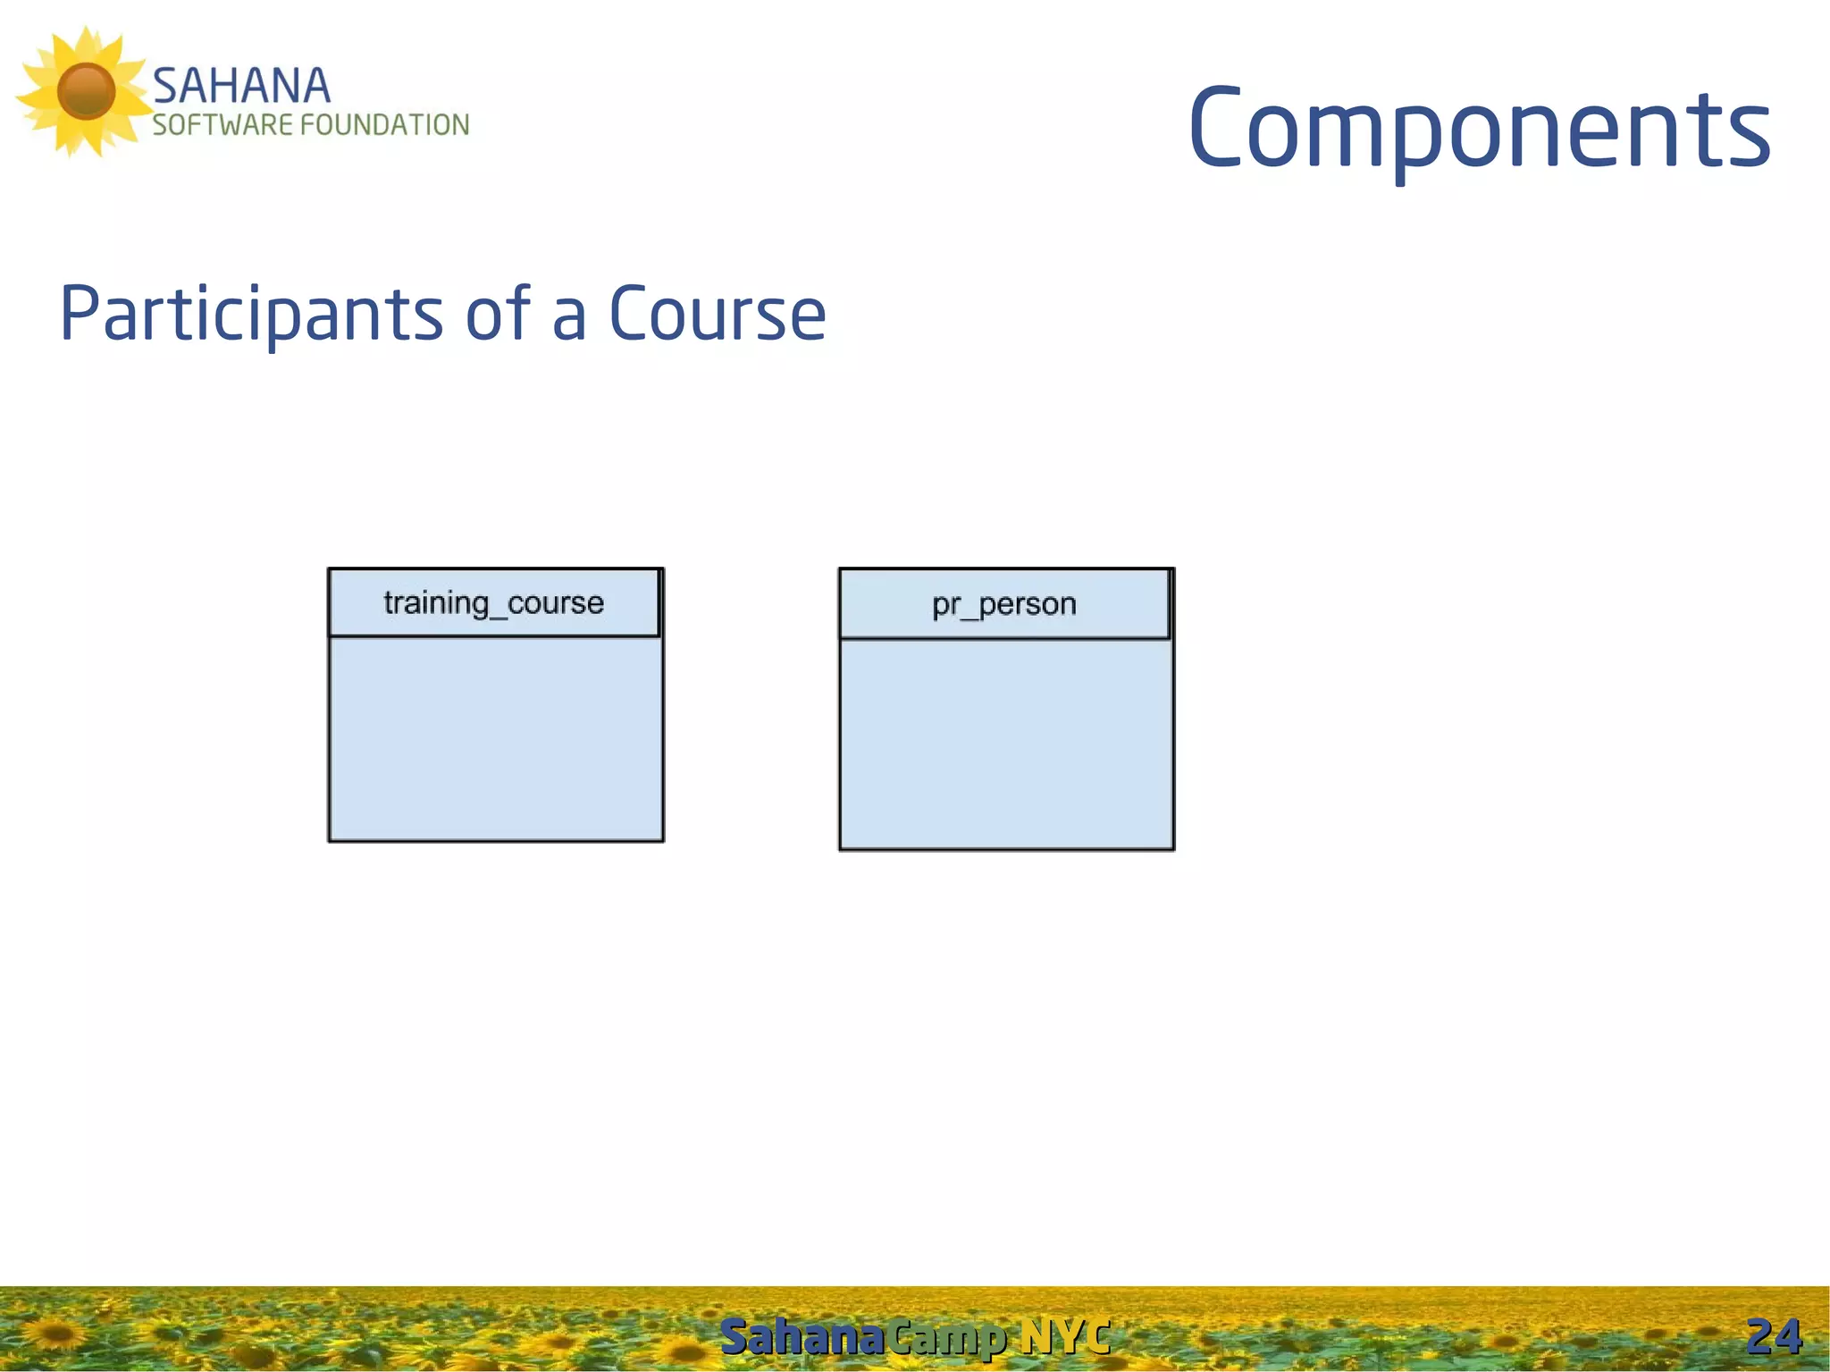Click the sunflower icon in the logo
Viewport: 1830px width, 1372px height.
pyautogui.click(x=85, y=91)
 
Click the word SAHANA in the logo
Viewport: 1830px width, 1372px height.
pyautogui.click(x=241, y=87)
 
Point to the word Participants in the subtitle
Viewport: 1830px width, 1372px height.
pyautogui.click(x=250, y=314)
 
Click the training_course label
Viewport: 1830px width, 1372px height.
pyautogui.click(x=493, y=603)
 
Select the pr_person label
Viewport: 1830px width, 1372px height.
pyautogui.click(x=1003, y=605)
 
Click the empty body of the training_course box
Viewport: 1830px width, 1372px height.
pyautogui.click(x=496, y=738)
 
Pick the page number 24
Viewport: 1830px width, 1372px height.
pyautogui.click(x=1773, y=1337)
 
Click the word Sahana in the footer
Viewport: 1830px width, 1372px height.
pyautogui.click(x=802, y=1337)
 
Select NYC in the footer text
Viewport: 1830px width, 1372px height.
pyautogui.click(x=1065, y=1337)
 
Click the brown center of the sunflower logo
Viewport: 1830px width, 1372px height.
pyautogui.click(x=86, y=90)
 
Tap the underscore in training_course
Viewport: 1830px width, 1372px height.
pyautogui.click(x=498, y=616)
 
